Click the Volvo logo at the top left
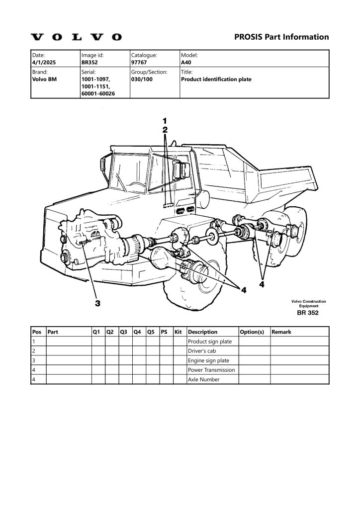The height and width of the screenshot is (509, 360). [x=76, y=37]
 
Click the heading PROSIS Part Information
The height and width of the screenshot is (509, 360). [x=281, y=37]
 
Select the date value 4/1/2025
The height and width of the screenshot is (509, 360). [x=44, y=62]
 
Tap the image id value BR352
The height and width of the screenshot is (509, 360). [x=90, y=62]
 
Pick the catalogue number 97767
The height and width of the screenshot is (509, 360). [x=139, y=62]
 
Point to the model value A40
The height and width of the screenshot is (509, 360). [x=186, y=62]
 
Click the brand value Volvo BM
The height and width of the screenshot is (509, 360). [x=44, y=79]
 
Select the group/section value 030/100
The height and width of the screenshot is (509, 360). [x=142, y=79]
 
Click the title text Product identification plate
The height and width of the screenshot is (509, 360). [x=216, y=79]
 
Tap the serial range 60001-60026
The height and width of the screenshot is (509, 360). [x=98, y=93]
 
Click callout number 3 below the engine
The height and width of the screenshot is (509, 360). [x=97, y=303]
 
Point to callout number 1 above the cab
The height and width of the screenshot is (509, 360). [x=165, y=121]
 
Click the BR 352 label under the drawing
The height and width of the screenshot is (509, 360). [x=308, y=313]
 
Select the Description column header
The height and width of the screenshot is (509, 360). [x=202, y=332]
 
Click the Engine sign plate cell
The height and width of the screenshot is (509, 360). [x=208, y=360]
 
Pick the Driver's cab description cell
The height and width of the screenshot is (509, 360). [x=202, y=351]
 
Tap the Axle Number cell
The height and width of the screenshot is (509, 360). [x=203, y=379]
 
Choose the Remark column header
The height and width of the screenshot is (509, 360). [x=281, y=332]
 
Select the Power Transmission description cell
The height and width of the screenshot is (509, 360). [x=211, y=370]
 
